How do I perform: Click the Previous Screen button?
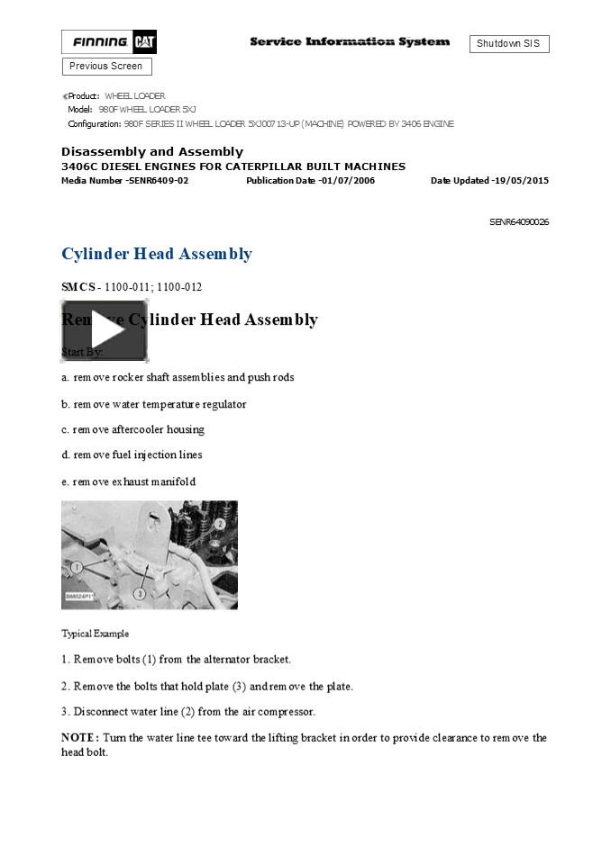click(x=106, y=67)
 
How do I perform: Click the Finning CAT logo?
click(x=108, y=41)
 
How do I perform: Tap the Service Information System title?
click(x=349, y=42)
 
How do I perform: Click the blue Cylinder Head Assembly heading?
click(x=157, y=254)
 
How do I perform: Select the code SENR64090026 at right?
click(x=519, y=222)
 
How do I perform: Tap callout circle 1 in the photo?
click(x=78, y=567)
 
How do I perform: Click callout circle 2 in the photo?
click(x=219, y=524)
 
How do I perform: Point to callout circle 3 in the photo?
click(x=140, y=594)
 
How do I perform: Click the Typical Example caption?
click(x=95, y=634)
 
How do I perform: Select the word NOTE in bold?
click(x=78, y=738)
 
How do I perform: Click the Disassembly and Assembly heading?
click(x=152, y=152)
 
